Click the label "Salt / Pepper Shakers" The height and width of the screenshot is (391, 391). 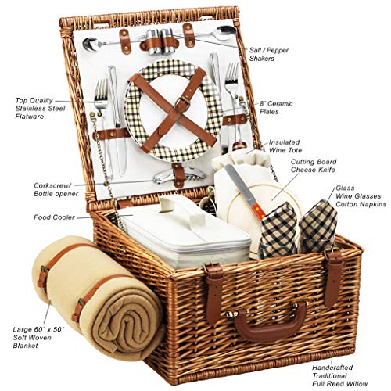pyautogui.click(x=269, y=54)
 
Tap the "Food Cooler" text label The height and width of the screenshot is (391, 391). pyautogui.click(x=54, y=217)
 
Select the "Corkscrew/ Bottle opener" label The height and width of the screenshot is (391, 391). pyautogui.click(x=56, y=189)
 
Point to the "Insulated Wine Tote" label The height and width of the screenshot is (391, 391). pyautogui.click(x=285, y=146)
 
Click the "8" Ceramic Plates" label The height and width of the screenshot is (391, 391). pyautogui.click(x=276, y=107)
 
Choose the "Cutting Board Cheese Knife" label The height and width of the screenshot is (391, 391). pyautogui.click(x=314, y=166)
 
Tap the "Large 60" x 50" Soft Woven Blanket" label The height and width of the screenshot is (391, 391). pyautogui.click(x=38, y=338)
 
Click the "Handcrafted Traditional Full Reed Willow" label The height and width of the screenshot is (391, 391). pyautogui.click(x=340, y=375)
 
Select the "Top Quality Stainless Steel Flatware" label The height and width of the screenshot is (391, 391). pyautogui.click(x=40, y=109)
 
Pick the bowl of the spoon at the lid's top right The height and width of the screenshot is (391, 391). pyautogui.click(x=226, y=32)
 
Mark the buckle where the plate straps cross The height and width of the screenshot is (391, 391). pyautogui.click(x=183, y=101)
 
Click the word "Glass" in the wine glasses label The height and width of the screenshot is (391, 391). pyautogui.click(x=345, y=188)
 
